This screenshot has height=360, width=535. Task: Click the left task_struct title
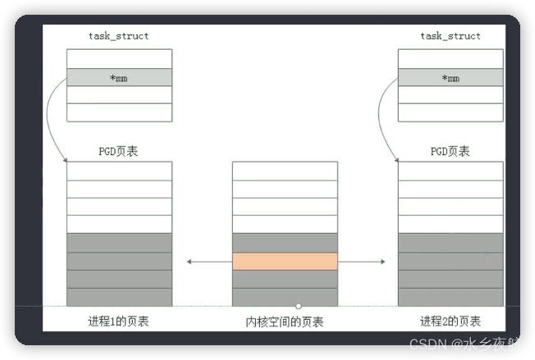[x=118, y=36]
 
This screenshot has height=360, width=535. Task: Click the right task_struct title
[x=450, y=36]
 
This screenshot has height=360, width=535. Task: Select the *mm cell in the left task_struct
[x=119, y=77]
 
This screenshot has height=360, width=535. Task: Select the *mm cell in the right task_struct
[x=450, y=77]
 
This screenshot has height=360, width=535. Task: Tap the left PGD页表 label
[x=118, y=151]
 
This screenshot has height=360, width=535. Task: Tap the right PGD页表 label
[x=450, y=151]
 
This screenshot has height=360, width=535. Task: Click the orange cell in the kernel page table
[x=285, y=262]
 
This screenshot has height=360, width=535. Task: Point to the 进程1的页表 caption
[x=118, y=321]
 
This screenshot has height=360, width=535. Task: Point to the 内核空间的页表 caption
[x=285, y=321]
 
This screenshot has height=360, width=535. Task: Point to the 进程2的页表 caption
[x=450, y=321]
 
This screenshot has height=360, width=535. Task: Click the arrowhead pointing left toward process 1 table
[x=190, y=262]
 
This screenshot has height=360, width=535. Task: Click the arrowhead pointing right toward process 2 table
[x=382, y=262]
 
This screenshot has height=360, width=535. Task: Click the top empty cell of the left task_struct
[x=119, y=58]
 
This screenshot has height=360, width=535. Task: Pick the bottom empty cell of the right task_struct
[x=450, y=112]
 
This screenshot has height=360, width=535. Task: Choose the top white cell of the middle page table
[x=285, y=171]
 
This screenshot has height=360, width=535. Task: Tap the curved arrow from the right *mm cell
[x=382, y=115]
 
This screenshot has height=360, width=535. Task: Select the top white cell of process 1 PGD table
[x=119, y=171]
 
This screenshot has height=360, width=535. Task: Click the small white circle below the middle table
[x=299, y=306]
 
